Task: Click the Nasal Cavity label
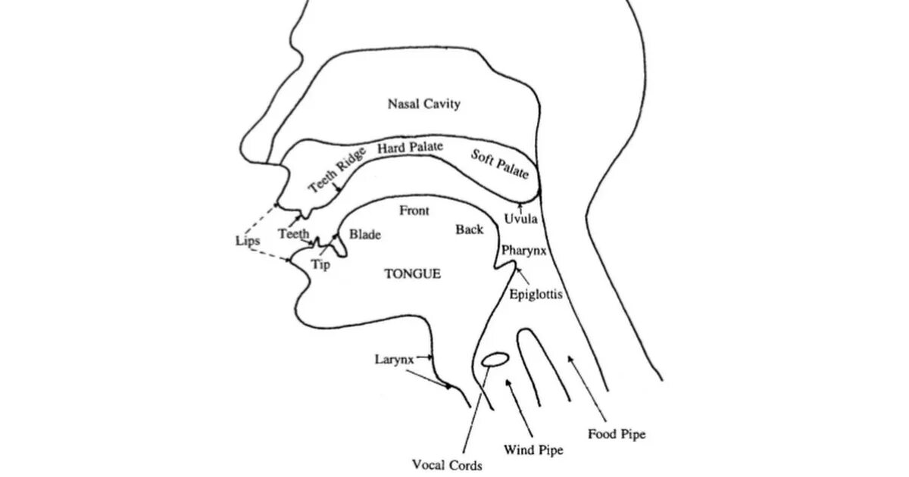tap(423, 104)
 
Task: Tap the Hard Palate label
tap(410, 147)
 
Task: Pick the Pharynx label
tap(523, 249)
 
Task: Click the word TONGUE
tap(412, 273)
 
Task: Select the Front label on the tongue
tap(414, 211)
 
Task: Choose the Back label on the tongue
tap(469, 228)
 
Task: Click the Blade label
tap(364, 235)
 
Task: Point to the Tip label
tap(321, 265)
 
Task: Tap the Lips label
tap(247, 240)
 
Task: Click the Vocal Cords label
tap(447, 466)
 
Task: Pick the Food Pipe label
tap(616, 435)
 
